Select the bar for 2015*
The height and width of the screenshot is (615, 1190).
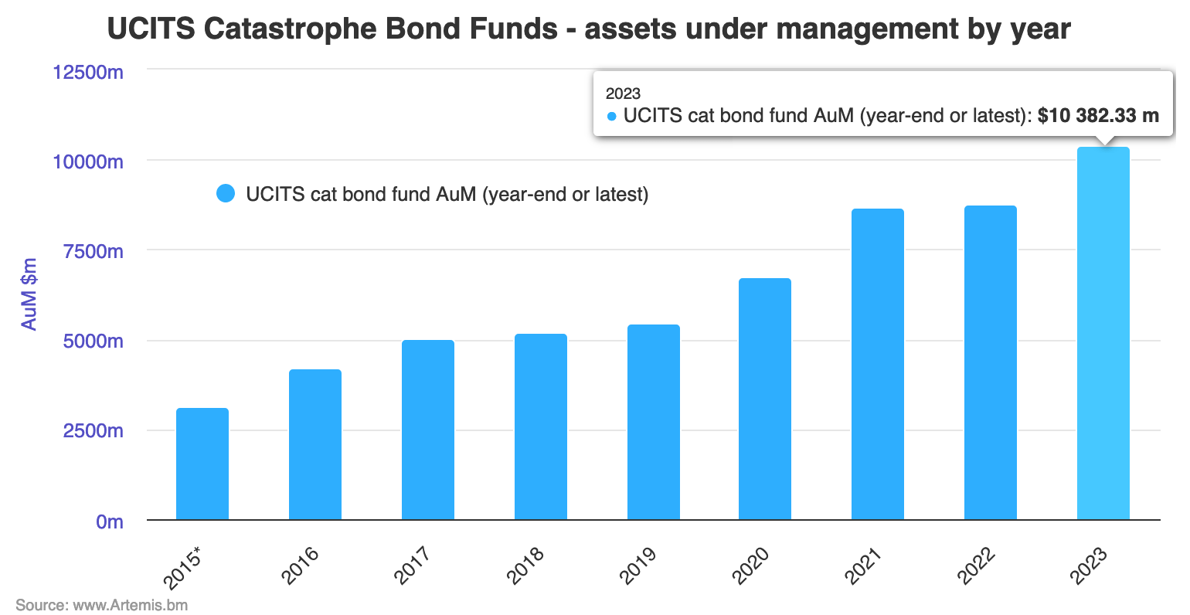202,464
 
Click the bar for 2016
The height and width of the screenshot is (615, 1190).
315,444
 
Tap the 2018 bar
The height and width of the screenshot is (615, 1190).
541,426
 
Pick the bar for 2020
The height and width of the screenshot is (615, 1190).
765,399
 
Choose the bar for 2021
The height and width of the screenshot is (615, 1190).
878,364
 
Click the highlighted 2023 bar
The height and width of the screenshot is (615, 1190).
1103,333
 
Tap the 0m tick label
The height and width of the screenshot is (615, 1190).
109,522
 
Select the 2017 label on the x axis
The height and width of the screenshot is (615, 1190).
413,566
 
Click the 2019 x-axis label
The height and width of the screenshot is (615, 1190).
638,566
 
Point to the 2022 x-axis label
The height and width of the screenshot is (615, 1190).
976,566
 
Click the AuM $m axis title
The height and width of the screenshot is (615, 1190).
29,295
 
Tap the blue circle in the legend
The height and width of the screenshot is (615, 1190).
226,194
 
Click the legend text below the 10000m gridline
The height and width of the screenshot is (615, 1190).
447,194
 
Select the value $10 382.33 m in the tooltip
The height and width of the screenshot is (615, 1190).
1098,116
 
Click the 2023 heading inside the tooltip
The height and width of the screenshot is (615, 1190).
623,93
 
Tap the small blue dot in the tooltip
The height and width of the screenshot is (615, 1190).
612,117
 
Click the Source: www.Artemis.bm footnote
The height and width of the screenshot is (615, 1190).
101,604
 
